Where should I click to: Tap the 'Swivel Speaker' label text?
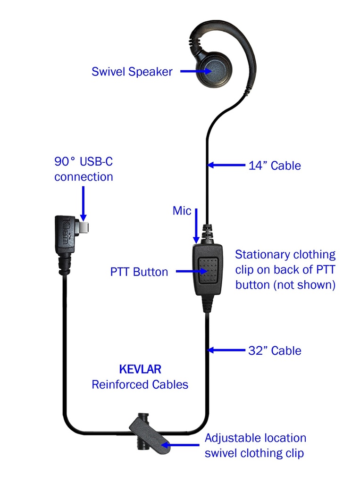[132, 72]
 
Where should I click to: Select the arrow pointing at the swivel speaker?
[193, 71]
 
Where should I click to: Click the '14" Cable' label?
[275, 166]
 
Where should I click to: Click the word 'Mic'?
[182, 211]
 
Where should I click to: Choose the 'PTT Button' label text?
[139, 272]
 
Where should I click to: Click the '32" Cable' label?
[275, 350]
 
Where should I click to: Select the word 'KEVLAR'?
[140, 369]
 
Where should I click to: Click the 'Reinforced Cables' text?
[140, 384]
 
